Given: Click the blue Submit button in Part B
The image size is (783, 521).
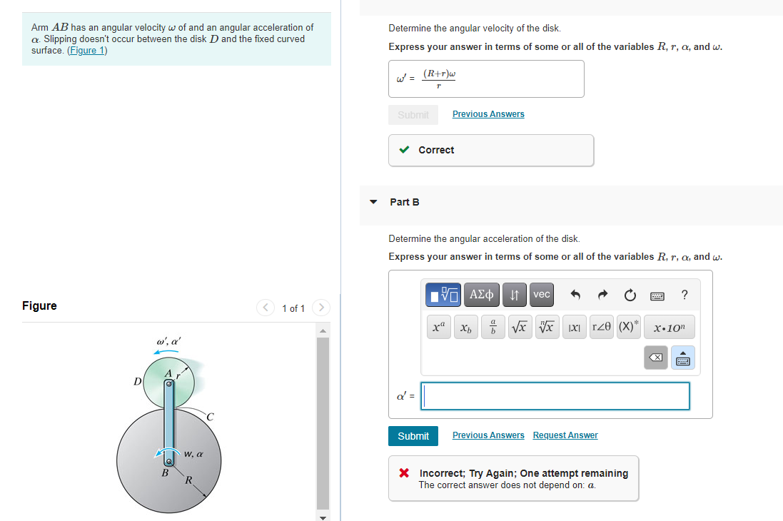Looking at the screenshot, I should click(x=413, y=436).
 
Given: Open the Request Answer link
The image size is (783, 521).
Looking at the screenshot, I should click(x=565, y=435).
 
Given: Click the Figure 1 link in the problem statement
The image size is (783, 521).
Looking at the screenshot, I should click(x=87, y=51).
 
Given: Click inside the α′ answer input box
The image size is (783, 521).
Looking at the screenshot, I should click(x=555, y=396).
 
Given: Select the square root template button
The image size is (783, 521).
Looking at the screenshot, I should click(x=521, y=328).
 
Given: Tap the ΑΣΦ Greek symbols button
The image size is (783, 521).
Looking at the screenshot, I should click(x=482, y=294).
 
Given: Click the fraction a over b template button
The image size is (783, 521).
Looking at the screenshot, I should click(x=493, y=328).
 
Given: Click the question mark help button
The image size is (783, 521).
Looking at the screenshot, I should click(x=685, y=294).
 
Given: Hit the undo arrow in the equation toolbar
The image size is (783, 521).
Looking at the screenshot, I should click(x=576, y=294).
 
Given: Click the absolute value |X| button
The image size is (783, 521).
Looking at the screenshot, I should click(x=574, y=328).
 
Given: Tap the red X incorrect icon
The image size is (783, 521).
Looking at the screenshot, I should click(x=404, y=473).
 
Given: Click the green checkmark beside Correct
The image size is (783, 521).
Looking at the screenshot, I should click(x=404, y=150).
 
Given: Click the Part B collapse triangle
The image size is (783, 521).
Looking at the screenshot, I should click(x=373, y=202).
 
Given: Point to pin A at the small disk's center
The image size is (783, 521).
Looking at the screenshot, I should click(x=168, y=384).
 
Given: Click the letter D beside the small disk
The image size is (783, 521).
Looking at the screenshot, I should click(x=137, y=382).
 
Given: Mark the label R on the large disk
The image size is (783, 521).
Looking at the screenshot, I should click(x=188, y=480).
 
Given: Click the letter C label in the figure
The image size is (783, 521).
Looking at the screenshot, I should click(x=211, y=416).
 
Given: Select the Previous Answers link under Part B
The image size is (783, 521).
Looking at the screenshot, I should click(x=488, y=435).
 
